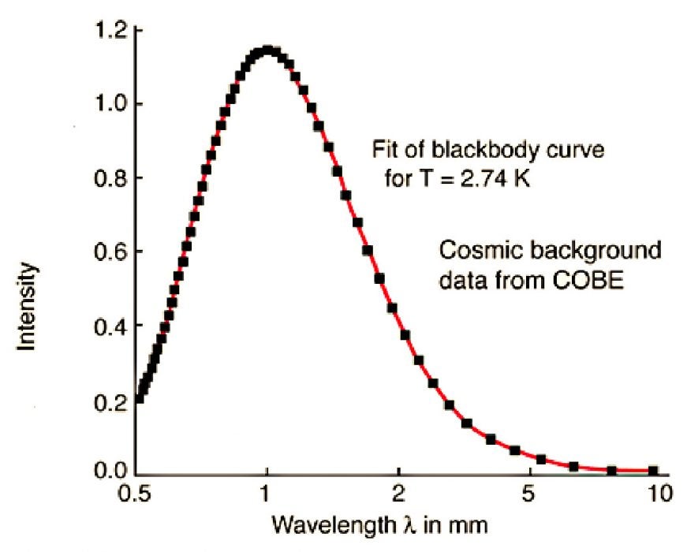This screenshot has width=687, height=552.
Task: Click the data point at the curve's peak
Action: click(267, 51)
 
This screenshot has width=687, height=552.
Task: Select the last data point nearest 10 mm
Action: click(653, 470)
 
